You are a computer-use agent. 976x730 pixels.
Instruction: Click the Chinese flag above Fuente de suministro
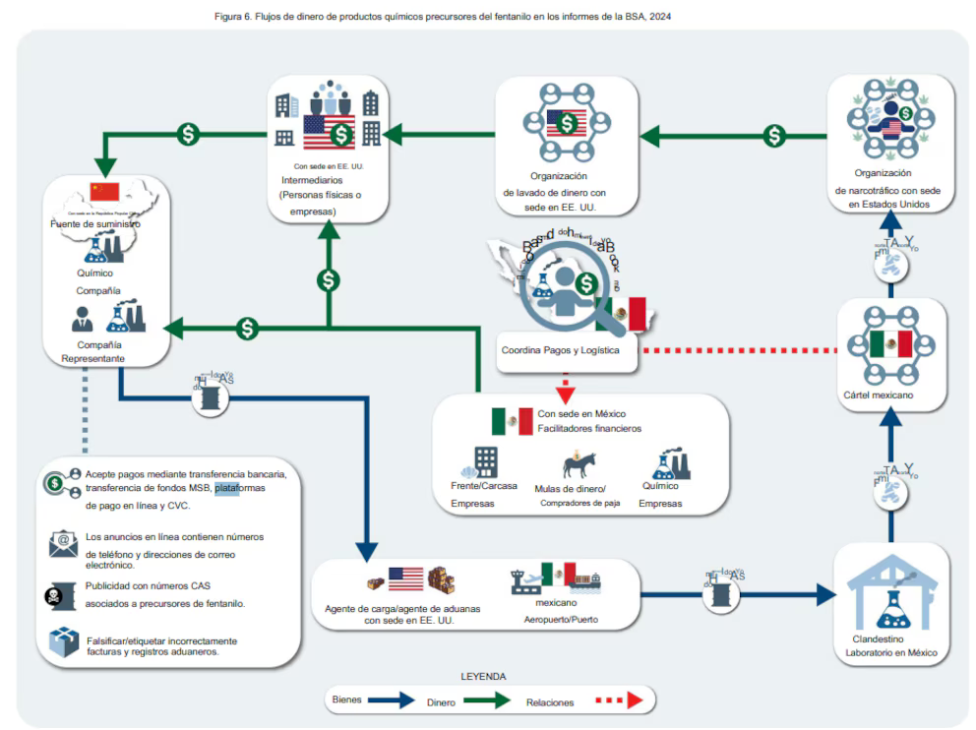coord(103,192)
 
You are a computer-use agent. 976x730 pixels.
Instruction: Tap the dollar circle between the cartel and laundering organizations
coord(775,135)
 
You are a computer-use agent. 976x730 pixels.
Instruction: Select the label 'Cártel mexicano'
coord(879,395)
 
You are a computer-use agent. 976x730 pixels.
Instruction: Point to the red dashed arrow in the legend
coord(617,700)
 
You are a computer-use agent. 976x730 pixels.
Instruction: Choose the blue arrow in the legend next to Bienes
coord(393,700)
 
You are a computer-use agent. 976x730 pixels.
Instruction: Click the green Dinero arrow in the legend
coord(488,700)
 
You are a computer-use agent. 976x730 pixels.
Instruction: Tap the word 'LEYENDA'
coord(483,677)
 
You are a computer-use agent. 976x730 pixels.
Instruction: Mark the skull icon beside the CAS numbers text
coord(61,593)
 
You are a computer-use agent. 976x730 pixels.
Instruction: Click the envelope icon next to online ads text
coord(63,543)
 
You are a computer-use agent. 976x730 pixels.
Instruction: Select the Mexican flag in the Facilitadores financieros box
coord(512,421)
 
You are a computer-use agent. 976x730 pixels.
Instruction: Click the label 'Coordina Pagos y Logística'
coord(561,351)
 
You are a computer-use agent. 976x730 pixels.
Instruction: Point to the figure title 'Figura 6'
coord(442,17)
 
